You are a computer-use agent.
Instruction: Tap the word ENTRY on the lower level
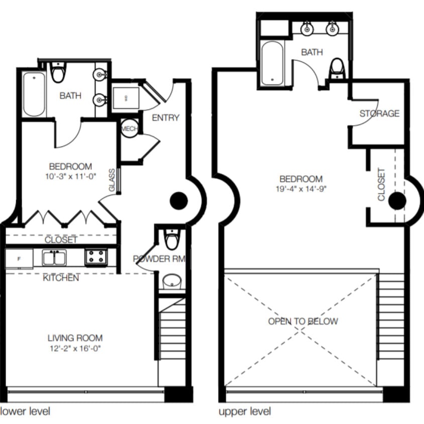point(165,118)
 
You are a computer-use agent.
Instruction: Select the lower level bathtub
point(34,93)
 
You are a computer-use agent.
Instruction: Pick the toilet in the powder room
point(172,240)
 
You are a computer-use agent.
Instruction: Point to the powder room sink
point(172,282)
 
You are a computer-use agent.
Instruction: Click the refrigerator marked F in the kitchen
point(19,259)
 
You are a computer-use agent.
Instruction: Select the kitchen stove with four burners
point(95,257)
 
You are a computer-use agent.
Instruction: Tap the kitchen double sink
point(57,258)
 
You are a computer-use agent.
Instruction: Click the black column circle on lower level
point(178,201)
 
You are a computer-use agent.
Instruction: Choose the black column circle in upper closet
point(397,201)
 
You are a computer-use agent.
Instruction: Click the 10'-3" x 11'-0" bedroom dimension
point(70,176)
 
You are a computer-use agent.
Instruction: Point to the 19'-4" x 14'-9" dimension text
point(301,189)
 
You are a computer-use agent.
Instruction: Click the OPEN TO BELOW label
point(303,322)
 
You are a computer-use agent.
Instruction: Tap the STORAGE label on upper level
point(379,114)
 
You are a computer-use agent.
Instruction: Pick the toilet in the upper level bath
point(337,69)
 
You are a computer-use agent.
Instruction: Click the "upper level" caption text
point(245,411)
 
